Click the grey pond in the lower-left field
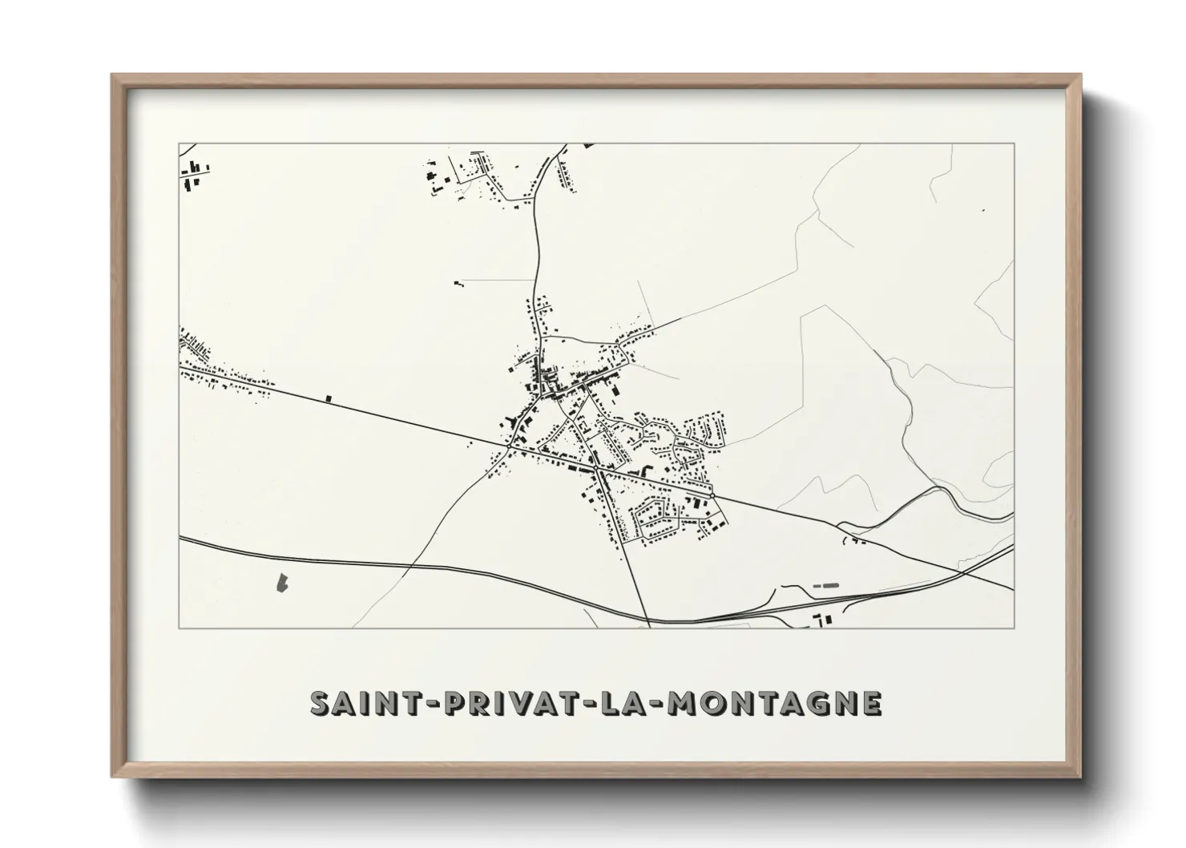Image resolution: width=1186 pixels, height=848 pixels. coord(282,583)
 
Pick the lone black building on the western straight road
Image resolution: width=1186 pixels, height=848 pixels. coord(328,397)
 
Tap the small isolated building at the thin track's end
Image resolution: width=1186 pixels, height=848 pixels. coord(458,282)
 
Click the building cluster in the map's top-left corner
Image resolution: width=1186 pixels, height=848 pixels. coord(194,175)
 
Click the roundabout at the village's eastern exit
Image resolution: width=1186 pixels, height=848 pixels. coord(714,496)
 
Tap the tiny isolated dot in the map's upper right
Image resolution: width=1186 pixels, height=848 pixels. coord(983,211)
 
